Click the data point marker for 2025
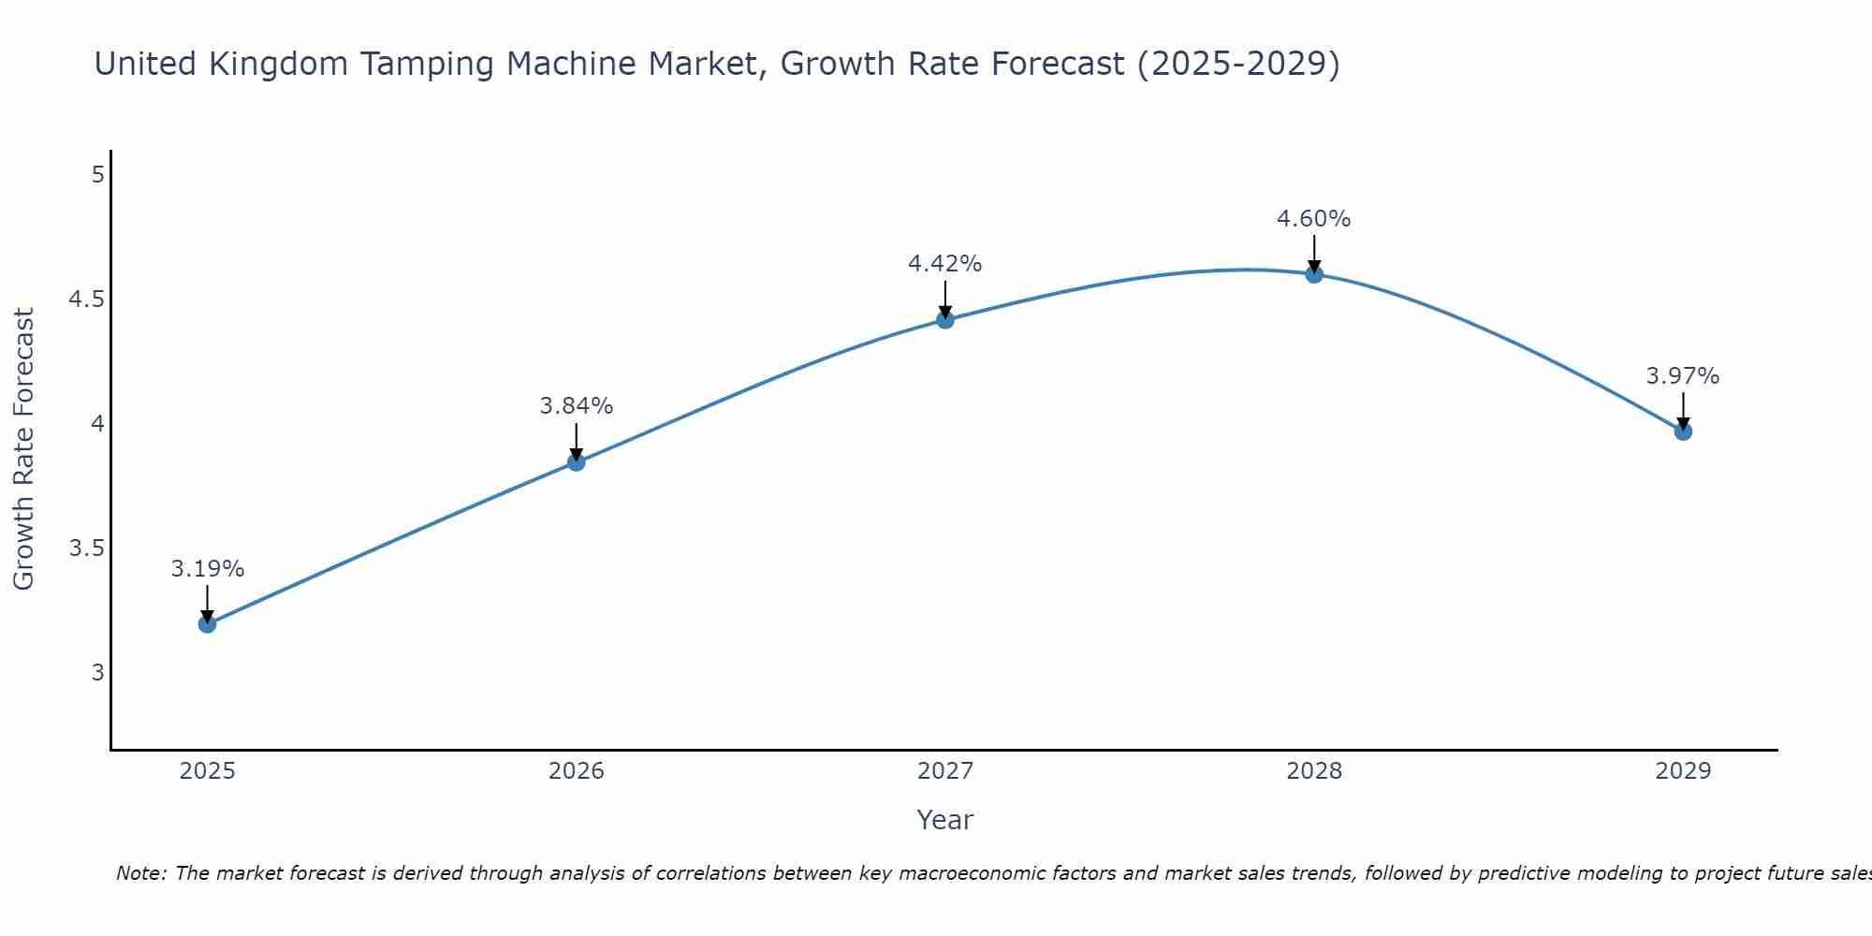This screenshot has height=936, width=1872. (x=207, y=624)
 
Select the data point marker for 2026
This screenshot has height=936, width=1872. (x=576, y=462)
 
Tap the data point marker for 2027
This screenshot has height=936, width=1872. (x=945, y=320)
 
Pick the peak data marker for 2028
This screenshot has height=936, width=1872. (x=1314, y=274)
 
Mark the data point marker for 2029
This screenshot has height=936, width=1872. (x=1683, y=431)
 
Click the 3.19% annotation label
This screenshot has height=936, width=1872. (x=207, y=569)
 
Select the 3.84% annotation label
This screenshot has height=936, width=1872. (x=576, y=406)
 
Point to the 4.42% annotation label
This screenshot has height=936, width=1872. (x=945, y=264)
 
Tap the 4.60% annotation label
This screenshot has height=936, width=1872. (x=1314, y=219)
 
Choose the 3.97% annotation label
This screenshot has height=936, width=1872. (x=1683, y=376)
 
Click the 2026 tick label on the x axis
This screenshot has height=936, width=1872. (x=576, y=771)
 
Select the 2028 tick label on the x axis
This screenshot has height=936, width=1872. (x=1314, y=771)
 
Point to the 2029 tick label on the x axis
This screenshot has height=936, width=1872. (x=1683, y=771)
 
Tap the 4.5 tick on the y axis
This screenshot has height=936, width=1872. (x=86, y=300)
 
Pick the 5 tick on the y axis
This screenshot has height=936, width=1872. (x=97, y=175)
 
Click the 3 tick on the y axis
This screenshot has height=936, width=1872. (x=97, y=672)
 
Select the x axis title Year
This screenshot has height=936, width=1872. (x=945, y=820)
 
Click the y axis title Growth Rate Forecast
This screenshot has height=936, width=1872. (x=23, y=449)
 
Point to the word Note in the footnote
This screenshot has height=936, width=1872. (x=139, y=873)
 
